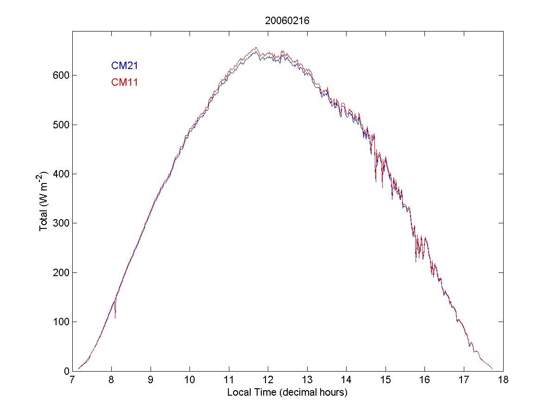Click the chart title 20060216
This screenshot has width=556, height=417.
(x=287, y=21)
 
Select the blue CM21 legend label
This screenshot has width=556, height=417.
(x=124, y=66)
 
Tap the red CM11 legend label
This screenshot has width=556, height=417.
(x=124, y=82)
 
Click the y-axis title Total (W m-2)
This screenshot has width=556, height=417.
(x=44, y=201)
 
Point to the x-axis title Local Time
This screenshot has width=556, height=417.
(x=287, y=392)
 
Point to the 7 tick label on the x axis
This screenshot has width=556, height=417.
(x=72, y=380)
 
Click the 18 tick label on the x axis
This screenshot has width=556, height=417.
(x=503, y=380)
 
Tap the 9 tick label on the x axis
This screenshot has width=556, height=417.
(x=151, y=380)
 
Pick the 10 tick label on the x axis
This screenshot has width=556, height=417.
(x=190, y=380)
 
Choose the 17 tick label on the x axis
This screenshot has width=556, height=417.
(x=464, y=380)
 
